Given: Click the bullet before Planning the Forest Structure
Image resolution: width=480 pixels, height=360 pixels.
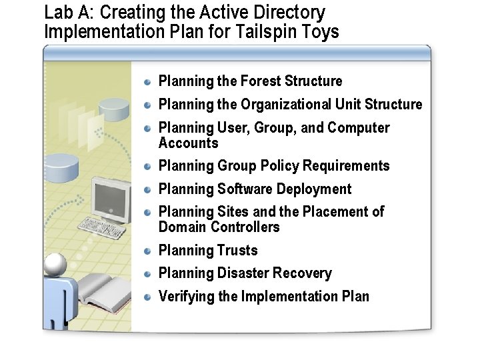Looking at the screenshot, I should tap(149, 81).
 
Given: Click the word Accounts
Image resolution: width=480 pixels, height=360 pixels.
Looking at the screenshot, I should tap(188, 143).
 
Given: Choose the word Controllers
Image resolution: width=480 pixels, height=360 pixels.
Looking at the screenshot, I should tap(245, 227).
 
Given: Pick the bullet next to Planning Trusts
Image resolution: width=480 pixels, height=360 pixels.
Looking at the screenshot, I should tap(149, 251).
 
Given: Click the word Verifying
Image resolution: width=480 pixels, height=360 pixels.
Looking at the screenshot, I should tap(186, 296).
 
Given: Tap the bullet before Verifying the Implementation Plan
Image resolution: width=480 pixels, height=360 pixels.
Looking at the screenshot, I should tap(149, 296).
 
